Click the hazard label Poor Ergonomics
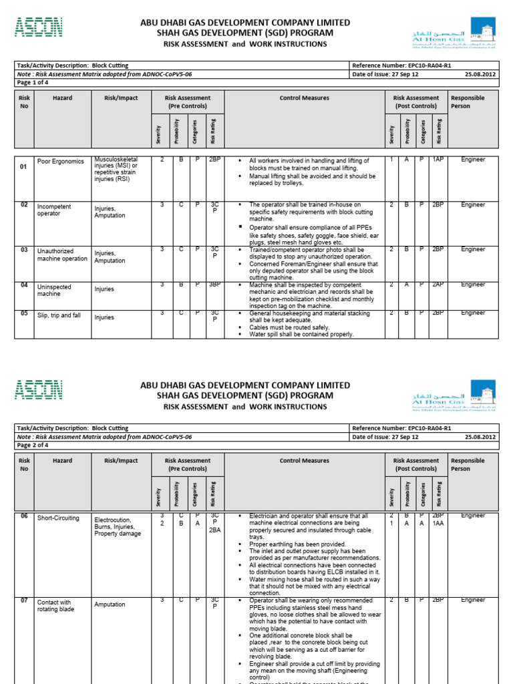coord(61,161)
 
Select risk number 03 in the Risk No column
coord(24,248)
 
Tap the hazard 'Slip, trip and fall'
coord(59,315)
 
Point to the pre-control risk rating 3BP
coord(214,284)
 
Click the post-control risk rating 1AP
coord(438,160)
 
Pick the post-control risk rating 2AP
coord(438,284)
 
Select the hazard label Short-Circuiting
coord(58,518)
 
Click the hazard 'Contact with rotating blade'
coord(55,606)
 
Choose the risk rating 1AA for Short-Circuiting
coord(438,524)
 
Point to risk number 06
coord(24,516)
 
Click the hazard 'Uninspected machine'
coord(54,290)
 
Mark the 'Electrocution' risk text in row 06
coord(113,519)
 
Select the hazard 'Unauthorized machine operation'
coord(62,254)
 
